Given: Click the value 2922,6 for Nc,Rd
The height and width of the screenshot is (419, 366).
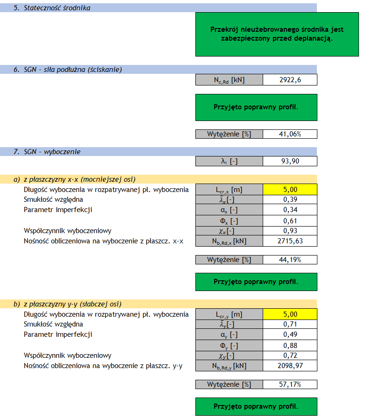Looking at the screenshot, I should pyautogui.click(x=290, y=80).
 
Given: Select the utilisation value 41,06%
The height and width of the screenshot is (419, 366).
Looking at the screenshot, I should pyautogui.click(x=290, y=134).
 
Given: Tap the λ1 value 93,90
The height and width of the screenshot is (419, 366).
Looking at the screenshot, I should pyautogui.click(x=290, y=161).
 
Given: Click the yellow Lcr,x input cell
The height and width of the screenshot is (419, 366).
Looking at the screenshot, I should pyautogui.click(x=290, y=190).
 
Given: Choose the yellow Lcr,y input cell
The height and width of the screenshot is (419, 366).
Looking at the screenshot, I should pyautogui.click(x=290, y=314).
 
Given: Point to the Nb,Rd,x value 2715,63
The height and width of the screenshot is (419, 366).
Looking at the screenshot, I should pyautogui.click(x=290, y=241).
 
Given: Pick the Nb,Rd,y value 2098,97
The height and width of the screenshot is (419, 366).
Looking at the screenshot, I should pyautogui.click(x=290, y=366).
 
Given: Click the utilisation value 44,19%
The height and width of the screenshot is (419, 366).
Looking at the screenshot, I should pyautogui.click(x=290, y=259).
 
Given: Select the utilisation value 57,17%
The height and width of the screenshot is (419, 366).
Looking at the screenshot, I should pyautogui.click(x=290, y=384).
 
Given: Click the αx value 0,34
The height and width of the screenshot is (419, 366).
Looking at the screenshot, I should pyautogui.click(x=290, y=210).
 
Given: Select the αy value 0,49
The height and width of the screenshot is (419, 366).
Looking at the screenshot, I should pyautogui.click(x=290, y=335).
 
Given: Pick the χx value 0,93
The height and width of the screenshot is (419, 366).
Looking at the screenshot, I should pyautogui.click(x=290, y=231).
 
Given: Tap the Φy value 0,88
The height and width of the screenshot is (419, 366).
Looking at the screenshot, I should pyautogui.click(x=290, y=345).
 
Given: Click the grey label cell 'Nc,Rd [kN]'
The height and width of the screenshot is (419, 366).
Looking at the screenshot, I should pyautogui.click(x=229, y=80).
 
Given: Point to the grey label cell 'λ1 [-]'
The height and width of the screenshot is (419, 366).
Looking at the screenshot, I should pyautogui.click(x=229, y=161).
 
